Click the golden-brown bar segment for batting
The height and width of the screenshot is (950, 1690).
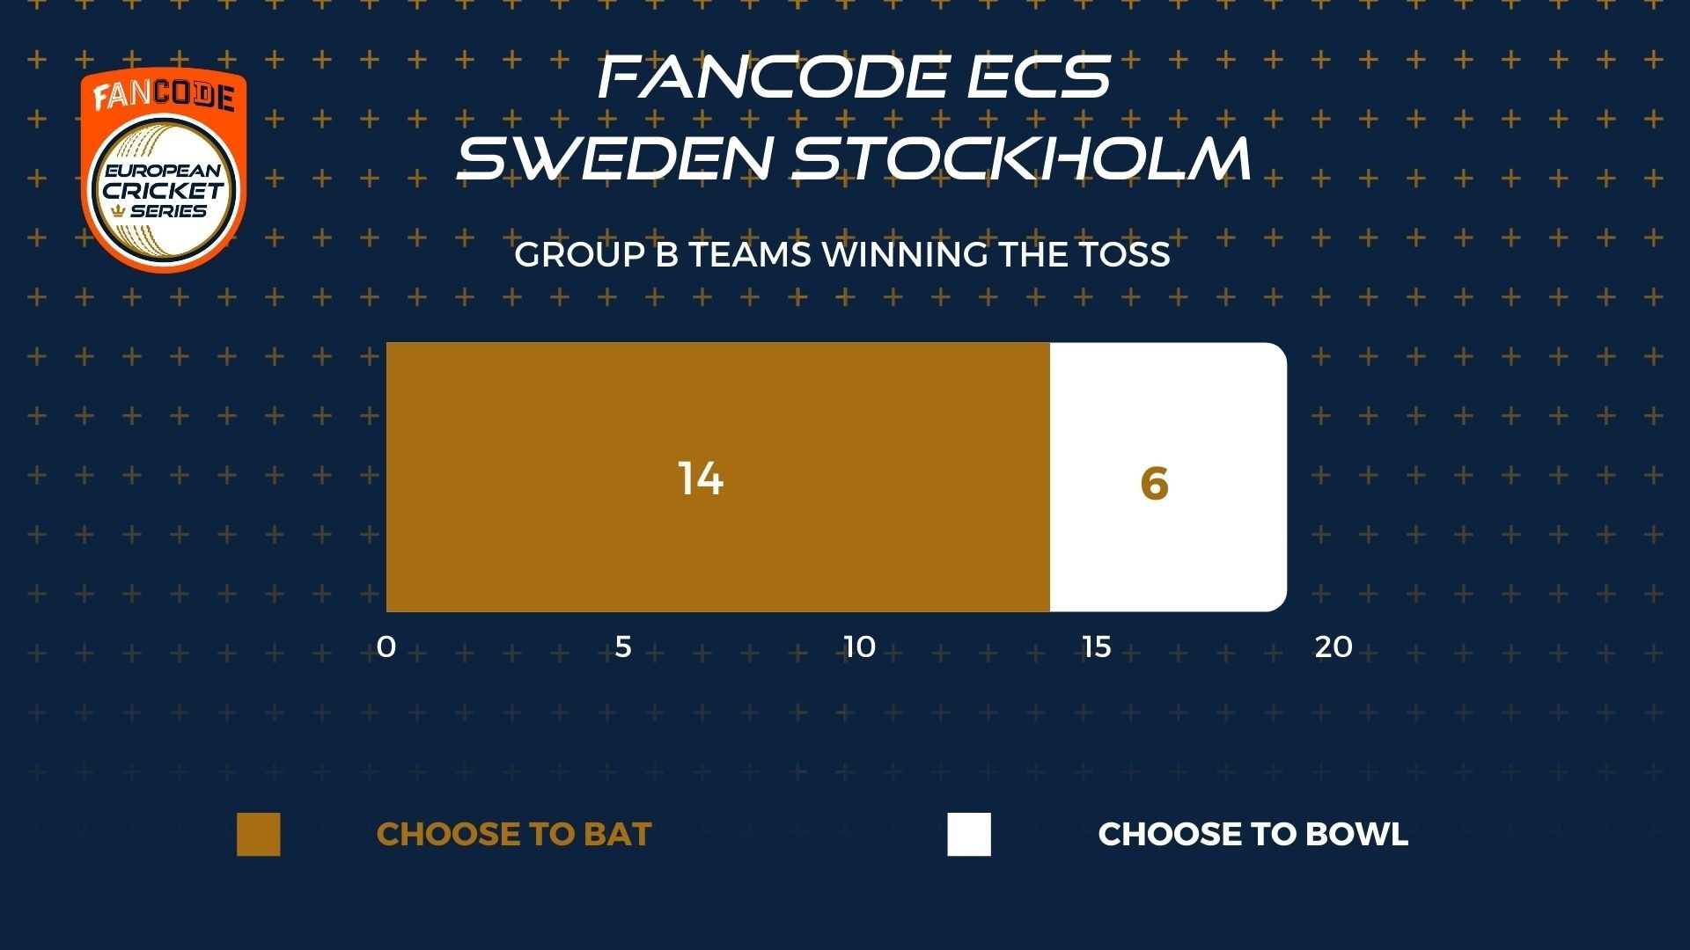coord(718,477)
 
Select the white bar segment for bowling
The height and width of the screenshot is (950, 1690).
coord(1168,477)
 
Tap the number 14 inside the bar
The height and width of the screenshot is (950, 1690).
coord(701,479)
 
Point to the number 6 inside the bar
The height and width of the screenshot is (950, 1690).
coord(1154,484)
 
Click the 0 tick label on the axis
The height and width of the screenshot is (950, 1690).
coord(386,647)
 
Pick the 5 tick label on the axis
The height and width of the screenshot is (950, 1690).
coord(623,647)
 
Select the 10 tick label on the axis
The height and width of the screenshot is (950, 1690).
coord(860,647)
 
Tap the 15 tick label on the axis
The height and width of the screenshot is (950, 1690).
coord(1097,647)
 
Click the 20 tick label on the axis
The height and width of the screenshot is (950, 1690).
coord(1334,647)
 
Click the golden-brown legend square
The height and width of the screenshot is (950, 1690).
coord(259,834)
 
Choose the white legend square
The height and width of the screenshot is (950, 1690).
coord(969,834)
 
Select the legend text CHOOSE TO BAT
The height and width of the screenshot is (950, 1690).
coord(514,834)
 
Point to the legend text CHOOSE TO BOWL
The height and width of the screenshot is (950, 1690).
coord(1253,834)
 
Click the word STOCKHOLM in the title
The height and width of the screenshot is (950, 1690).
coord(1022,158)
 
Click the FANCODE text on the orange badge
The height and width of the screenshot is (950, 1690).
coord(164,96)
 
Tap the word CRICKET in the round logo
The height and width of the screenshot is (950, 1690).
coord(164,191)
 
